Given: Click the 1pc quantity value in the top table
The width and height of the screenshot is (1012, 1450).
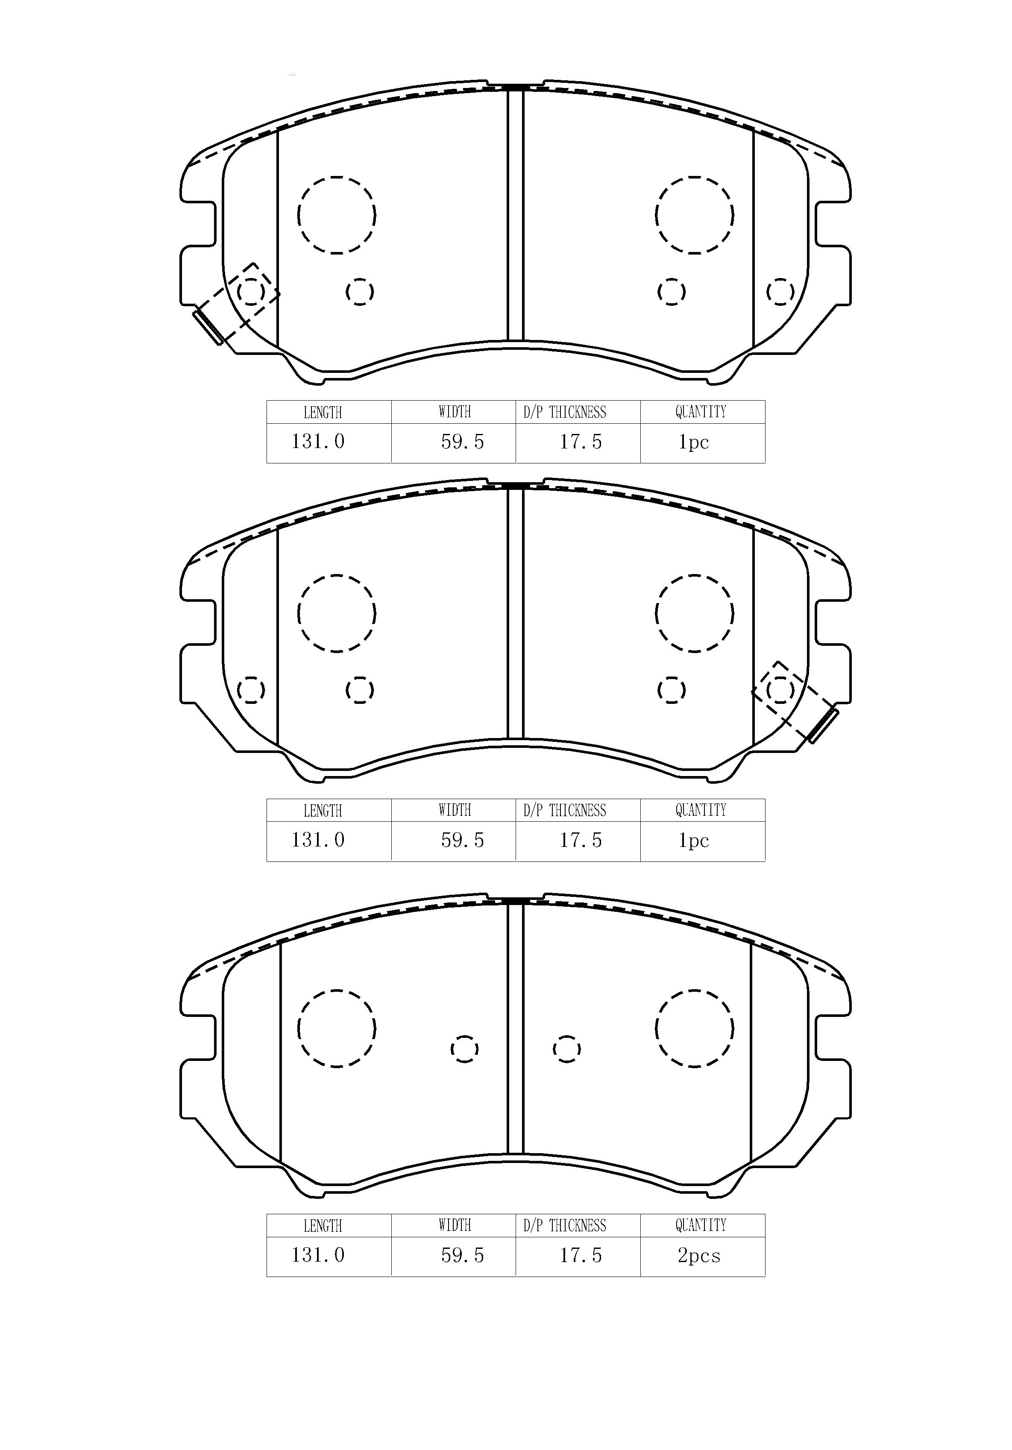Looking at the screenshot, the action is coord(694,442).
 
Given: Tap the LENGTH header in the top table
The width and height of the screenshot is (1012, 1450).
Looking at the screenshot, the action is coord(323,413).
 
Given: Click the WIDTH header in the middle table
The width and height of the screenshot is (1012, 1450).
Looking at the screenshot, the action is coord(455,810).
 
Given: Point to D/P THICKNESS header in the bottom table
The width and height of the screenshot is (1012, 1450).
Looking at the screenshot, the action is coord(565,1226).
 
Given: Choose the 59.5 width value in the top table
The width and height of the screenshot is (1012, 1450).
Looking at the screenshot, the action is coord(462,442).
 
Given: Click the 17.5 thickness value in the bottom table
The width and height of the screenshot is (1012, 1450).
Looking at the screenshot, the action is coord(581,1255).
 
